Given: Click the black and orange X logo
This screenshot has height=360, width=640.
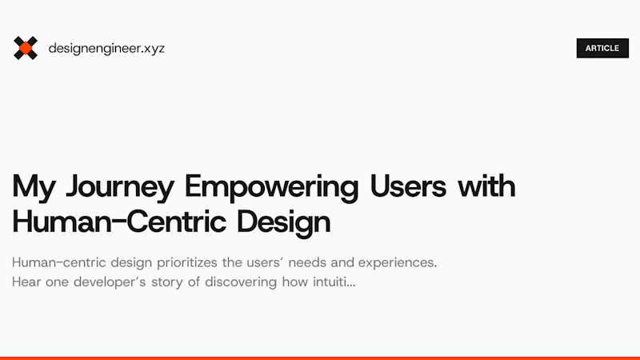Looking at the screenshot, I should click(x=26, y=48).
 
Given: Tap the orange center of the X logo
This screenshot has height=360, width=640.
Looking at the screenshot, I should click(x=26, y=48).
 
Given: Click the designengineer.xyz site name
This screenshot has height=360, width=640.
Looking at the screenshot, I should click(x=106, y=48).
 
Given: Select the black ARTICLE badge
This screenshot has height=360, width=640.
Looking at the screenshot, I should click(x=602, y=48).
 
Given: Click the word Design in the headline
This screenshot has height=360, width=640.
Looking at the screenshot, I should click(x=283, y=222).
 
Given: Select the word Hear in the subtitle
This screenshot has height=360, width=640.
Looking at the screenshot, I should click(x=27, y=282).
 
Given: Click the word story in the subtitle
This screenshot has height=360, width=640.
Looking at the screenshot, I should click(x=178, y=282).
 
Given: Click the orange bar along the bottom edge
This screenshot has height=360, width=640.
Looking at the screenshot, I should click(x=320, y=358).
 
